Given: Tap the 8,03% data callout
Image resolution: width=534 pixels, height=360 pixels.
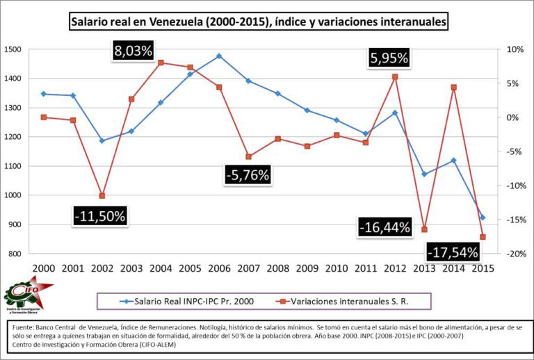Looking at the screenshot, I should [136, 50].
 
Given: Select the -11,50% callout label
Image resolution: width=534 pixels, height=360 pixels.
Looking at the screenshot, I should [99, 216].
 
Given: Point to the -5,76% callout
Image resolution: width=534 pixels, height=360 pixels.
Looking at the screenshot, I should [247, 175].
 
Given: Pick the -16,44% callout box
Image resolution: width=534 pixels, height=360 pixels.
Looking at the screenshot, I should [384, 227].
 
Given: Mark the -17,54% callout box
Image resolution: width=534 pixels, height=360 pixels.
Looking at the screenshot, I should [453, 252].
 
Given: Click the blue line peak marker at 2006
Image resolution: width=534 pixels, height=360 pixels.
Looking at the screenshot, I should [219, 56].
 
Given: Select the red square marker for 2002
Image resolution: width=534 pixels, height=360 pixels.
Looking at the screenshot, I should [102, 196].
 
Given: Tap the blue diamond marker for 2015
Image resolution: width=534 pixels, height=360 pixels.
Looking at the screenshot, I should [483, 218].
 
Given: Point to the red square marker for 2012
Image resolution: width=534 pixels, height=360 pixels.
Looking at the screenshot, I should [395, 77].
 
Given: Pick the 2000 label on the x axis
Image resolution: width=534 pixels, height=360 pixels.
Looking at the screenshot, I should [43, 268].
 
